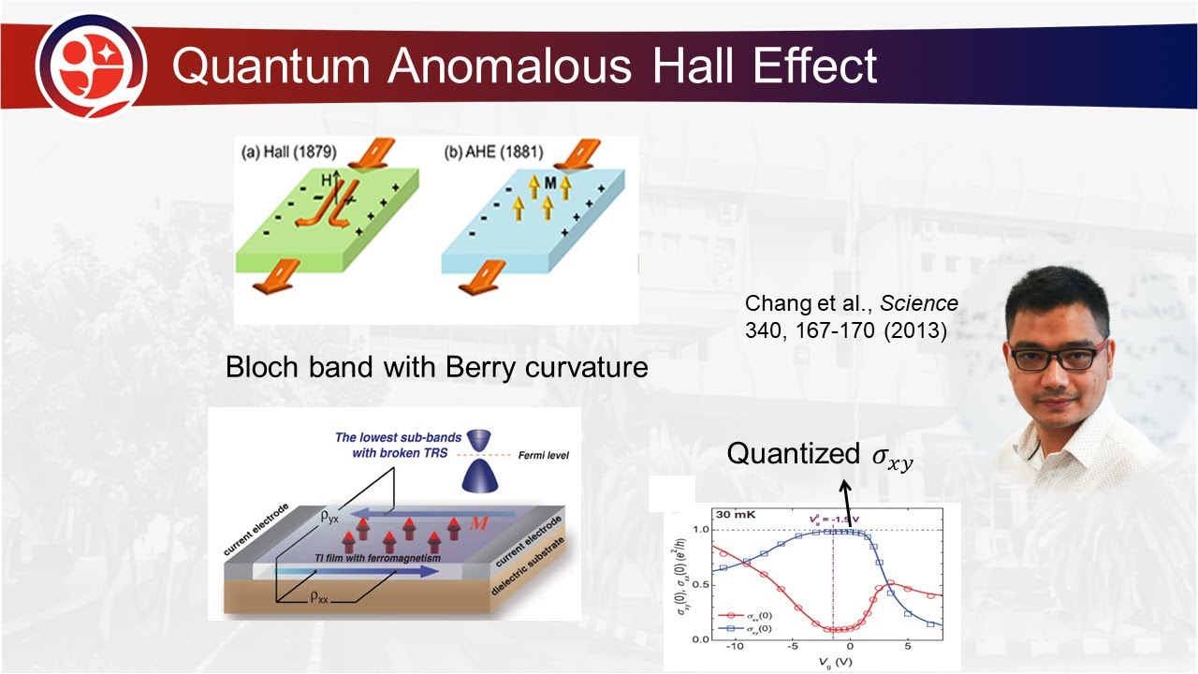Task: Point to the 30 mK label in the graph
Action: click(737, 515)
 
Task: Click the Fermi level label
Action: click(543, 456)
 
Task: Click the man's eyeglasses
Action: click(1055, 358)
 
